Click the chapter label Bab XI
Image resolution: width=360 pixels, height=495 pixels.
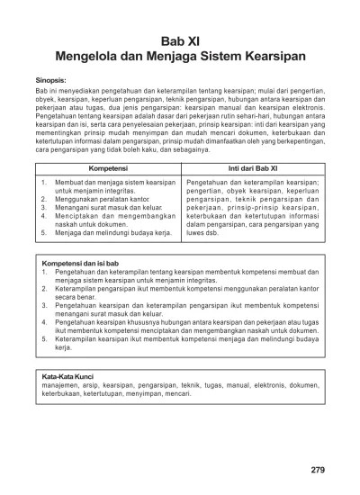[179, 41]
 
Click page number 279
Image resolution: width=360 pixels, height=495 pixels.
[317, 469]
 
